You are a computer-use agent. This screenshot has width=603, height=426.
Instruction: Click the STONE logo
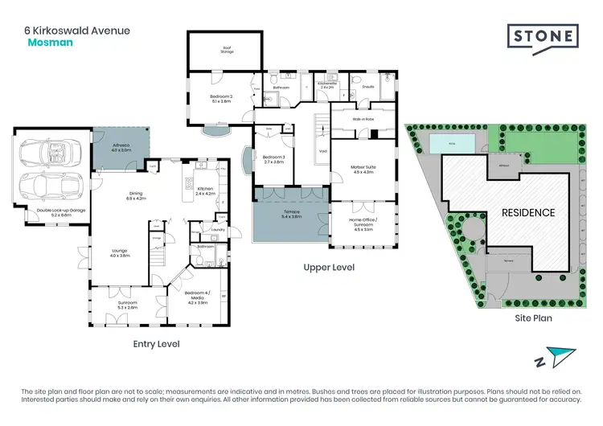coord(543,36)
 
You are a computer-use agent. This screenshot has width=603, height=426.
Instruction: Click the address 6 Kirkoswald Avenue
coord(76,31)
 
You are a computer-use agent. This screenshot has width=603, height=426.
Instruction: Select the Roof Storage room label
coord(228,50)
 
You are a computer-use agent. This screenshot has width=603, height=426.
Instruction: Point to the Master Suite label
coord(363,169)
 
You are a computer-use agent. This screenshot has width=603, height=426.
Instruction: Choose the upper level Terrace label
coord(291,215)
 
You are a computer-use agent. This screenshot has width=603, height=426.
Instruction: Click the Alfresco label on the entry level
coord(121,148)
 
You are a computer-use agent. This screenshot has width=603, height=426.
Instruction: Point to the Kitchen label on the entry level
coord(206,191)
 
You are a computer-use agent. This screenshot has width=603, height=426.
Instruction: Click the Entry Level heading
coord(156,344)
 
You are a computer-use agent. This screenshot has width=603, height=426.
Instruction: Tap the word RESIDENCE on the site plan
coord(528,213)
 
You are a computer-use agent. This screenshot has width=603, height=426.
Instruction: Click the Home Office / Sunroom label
coord(363,223)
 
